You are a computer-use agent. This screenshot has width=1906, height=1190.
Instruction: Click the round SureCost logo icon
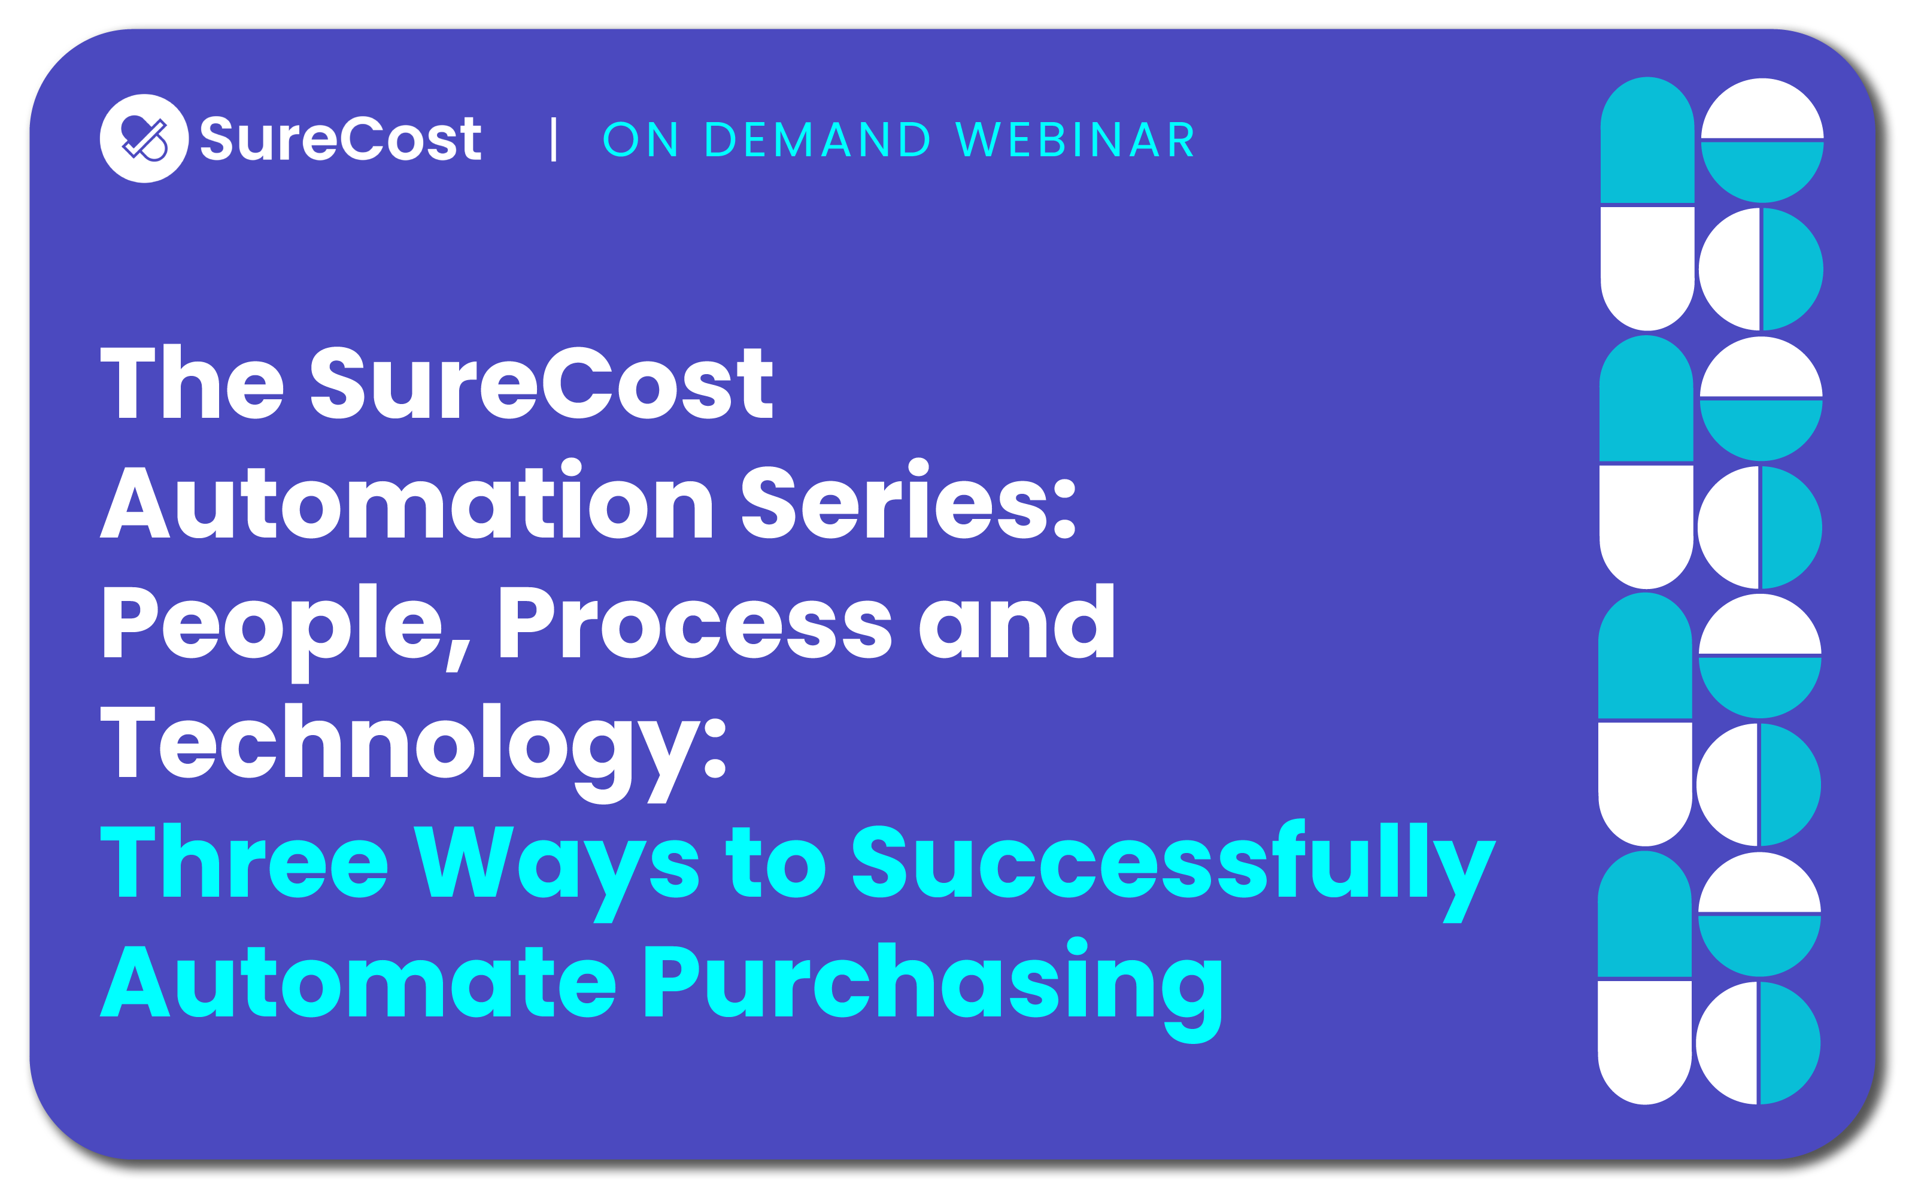(x=144, y=138)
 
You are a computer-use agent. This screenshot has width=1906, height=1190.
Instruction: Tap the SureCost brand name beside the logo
(x=340, y=138)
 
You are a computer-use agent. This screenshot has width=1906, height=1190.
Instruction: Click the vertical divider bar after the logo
(x=554, y=139)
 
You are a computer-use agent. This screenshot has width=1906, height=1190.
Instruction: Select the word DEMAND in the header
(x=818, y=139)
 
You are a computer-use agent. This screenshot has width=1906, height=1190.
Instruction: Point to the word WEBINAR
(x=1076, y=139)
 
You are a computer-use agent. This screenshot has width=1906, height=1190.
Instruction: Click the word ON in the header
(x=641, y=139)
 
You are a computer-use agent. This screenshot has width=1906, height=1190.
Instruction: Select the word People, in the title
(x=286, y=629)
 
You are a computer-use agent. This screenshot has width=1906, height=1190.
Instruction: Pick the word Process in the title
(x=696, y=622)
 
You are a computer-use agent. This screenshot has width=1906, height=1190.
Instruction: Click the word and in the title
(x=1016, y=622)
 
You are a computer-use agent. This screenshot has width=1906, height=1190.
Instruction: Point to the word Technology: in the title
(x=413, y=752)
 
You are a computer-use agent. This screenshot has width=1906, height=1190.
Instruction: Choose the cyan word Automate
(x=358, y=980)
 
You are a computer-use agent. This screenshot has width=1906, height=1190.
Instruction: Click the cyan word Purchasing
(x=933, y=990)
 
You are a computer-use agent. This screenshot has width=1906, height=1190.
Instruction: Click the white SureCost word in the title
(x=542, y=382)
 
